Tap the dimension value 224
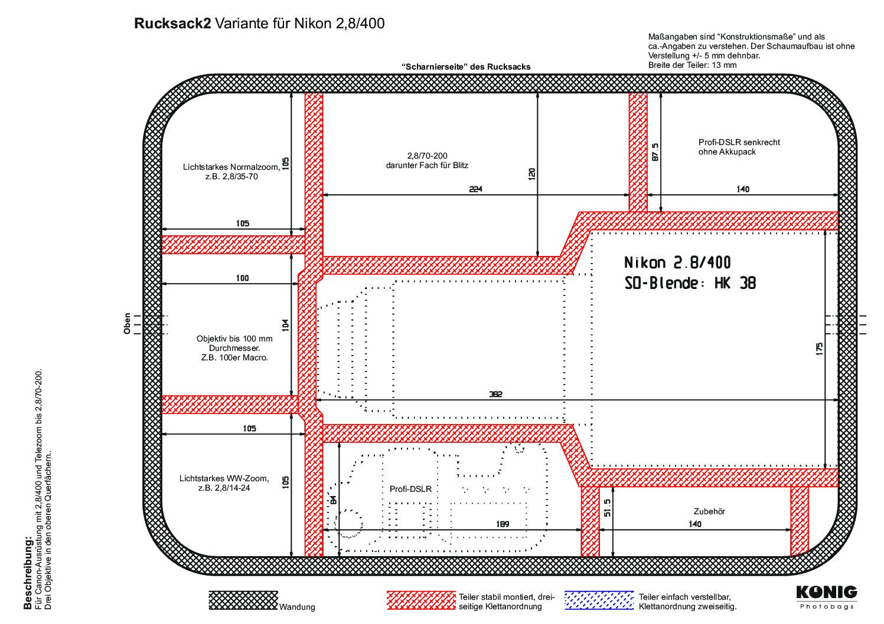475,189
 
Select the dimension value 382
495,395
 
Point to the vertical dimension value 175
818,349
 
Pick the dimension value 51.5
608,507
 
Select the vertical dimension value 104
286,325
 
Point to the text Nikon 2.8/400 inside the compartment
677,262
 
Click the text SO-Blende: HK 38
690,284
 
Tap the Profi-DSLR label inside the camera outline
410,489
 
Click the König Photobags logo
826,596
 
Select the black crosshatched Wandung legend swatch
243,600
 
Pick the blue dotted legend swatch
599,600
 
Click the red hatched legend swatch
422,600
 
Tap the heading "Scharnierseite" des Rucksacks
465,67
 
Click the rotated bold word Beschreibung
27,573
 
